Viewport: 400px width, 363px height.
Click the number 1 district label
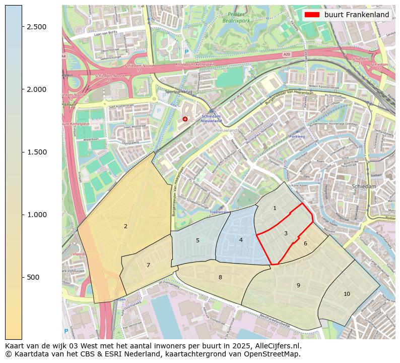275,208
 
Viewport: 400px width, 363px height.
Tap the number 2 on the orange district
125,226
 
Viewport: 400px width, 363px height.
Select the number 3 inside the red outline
286,233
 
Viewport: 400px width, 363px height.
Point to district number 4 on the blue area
241,240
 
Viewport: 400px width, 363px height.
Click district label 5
197,240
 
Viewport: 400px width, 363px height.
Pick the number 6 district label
305,243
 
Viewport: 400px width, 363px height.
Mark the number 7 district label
148,265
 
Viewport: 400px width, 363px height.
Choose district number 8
220,277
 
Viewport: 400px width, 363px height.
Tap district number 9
298,285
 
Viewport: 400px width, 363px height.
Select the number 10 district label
347,294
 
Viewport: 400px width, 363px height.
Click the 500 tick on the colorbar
33,277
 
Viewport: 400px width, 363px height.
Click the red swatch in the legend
312,15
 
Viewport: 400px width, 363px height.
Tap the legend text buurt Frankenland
357,15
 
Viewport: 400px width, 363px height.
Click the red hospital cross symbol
185,119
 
